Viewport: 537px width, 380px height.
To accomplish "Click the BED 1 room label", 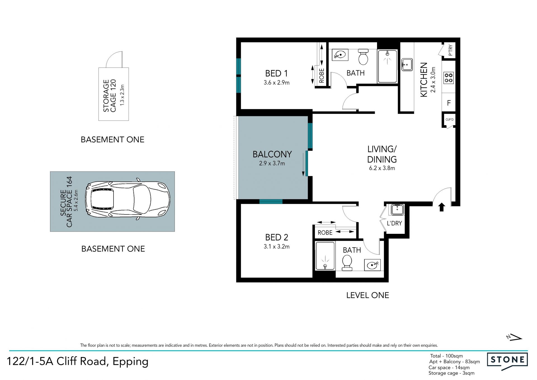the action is [276, 73].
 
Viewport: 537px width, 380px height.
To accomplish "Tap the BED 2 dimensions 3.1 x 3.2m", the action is [276, 247].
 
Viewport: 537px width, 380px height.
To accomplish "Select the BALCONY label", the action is [272, 154].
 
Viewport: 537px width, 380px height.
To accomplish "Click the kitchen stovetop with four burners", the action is [449, 78].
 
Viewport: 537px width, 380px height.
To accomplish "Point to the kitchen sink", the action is [407, 65].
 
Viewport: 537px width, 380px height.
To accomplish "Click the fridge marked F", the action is [449, 103].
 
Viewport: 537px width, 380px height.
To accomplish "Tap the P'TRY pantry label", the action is [450, 50].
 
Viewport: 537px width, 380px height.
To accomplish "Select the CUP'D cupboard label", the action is [449, 120].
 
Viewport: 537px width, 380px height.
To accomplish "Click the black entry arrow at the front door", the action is [442, 207].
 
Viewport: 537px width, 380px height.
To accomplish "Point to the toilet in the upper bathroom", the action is [363, 57].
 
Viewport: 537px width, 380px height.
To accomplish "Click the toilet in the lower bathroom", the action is [347, 263].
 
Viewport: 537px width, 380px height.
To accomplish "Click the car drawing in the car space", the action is [128, 199].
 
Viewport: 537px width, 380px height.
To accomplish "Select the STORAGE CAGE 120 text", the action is [109, 96].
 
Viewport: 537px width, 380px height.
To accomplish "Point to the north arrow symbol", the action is [514, 337].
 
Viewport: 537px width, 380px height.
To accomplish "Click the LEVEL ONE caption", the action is [368, 295].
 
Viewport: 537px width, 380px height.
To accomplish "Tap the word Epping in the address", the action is [130, 362].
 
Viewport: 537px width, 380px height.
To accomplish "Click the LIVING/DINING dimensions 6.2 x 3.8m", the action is [382, 168].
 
